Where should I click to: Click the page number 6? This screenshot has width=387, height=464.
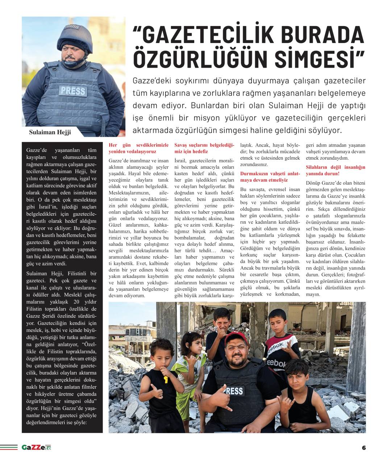point(363,447)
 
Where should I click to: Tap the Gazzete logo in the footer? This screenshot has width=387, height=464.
point(36,447)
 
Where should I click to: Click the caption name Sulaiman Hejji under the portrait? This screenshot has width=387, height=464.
point(50,132)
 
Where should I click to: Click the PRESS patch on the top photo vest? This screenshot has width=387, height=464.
point(72,90)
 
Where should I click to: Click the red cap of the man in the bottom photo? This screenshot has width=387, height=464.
point(236,338)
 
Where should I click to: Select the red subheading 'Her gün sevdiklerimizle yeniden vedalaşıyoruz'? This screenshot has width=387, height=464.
point(138,148)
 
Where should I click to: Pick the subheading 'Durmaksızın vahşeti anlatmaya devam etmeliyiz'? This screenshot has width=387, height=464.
point(270,177)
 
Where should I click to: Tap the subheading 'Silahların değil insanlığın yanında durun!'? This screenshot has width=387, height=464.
point(336,170)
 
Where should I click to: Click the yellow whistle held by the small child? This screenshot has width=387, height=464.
point(166,379)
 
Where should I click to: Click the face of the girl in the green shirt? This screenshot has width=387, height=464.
point(191,343)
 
